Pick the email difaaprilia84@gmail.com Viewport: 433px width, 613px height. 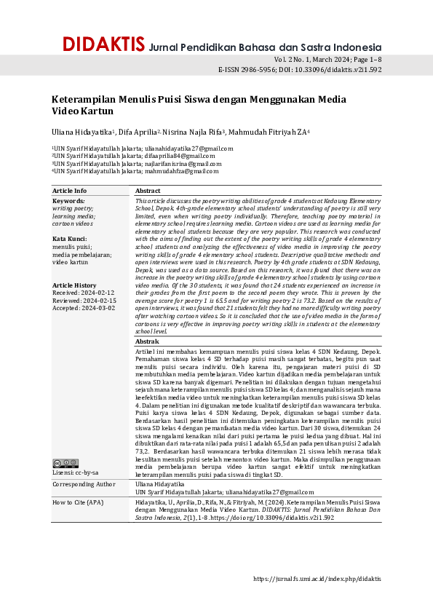point(180,156)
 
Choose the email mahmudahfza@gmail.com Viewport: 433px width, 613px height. point(181,171)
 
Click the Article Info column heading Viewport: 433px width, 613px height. point(70,191)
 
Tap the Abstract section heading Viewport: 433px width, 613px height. point(148,191)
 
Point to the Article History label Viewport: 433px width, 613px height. point(74,285)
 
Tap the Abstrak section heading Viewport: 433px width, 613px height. point(148,341)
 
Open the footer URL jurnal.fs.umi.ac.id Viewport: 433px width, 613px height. point(317,579)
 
